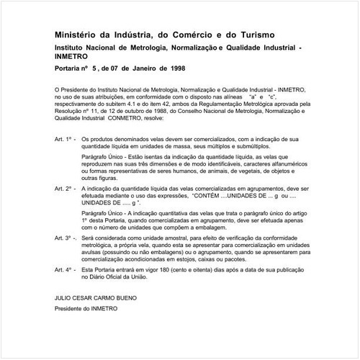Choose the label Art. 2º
(65, 187)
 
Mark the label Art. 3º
(66, 236)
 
